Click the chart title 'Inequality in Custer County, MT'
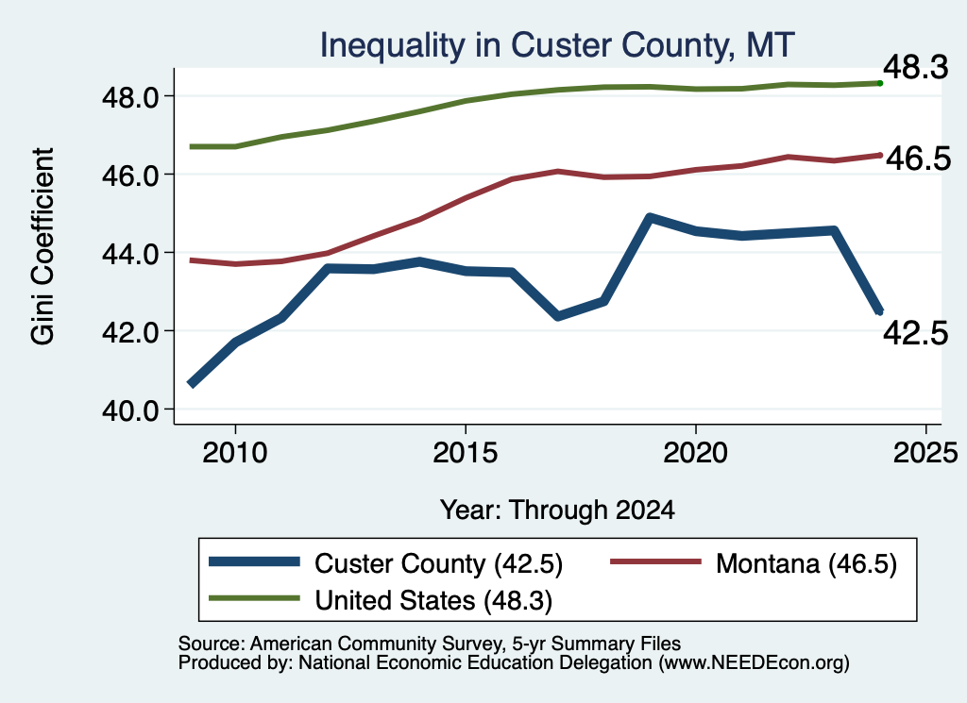pos(557,45)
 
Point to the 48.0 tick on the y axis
pos(131,97)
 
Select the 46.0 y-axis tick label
pos(131,175)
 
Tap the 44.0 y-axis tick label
pos(131,253)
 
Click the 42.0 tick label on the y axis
pos(131,331)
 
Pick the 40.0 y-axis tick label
pos(131,410)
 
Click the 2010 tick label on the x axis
pos(235,453)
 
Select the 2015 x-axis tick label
pos(465,453)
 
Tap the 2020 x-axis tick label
pos(696,453)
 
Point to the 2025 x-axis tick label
pos(925,453)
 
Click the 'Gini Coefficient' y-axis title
pos(43,246)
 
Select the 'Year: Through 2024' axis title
pos(557,511)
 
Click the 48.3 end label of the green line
pos(916,67)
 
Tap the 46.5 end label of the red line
pos(918,159)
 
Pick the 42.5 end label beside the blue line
pos(916,334)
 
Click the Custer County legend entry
pos(386,563)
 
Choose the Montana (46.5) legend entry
pos(754,563)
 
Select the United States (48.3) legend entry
pos(381,600)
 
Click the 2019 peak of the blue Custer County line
pos(650,217)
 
